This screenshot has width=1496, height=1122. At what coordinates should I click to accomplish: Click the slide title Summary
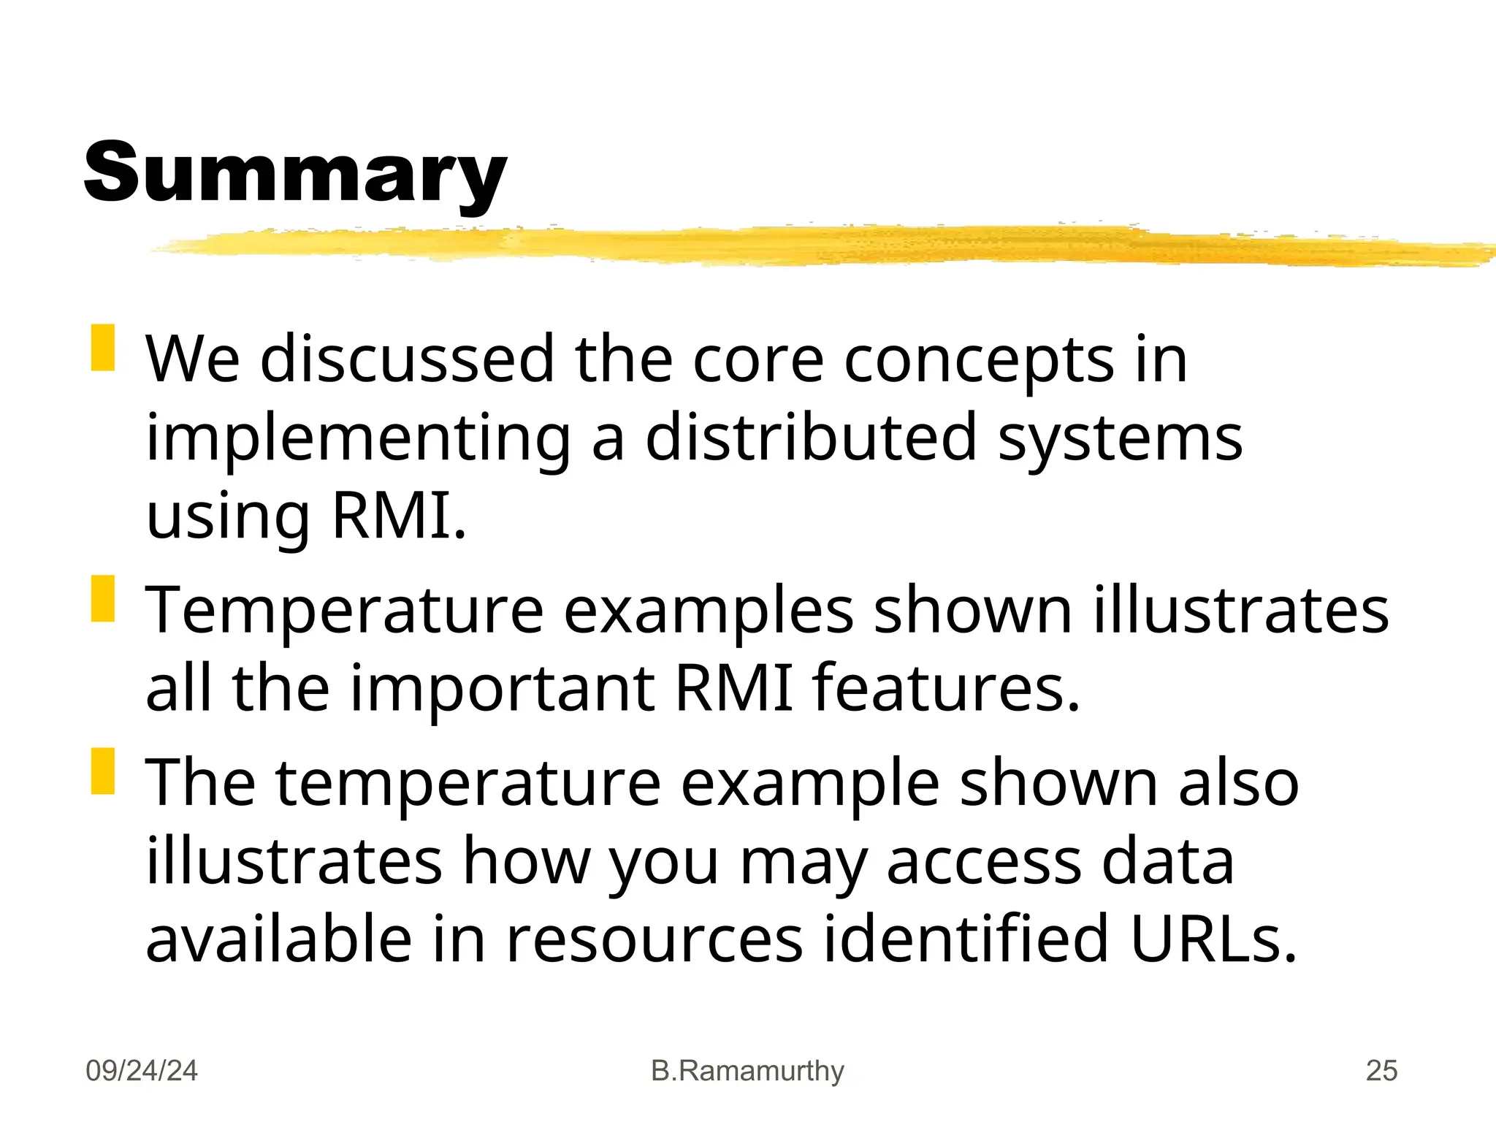point(295,173)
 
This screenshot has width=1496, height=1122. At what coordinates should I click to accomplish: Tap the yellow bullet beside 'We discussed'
point(103,348)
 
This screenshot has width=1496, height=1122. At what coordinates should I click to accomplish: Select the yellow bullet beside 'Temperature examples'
point(103,599)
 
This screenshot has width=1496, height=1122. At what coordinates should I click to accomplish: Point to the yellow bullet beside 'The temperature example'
point(103,771)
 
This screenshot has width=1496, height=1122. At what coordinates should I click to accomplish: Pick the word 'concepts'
point(979,359)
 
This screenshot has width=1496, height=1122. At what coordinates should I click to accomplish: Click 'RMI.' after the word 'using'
point(399,516)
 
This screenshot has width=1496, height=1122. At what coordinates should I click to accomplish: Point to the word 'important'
point(503,688)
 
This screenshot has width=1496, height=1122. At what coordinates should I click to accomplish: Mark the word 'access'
point(983,862)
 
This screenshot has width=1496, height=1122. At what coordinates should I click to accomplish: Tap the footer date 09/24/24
point(142,1071)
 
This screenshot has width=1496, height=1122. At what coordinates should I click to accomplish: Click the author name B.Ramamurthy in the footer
point(747,1071)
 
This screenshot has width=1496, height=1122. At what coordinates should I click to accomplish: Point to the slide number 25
point(1381,1071)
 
